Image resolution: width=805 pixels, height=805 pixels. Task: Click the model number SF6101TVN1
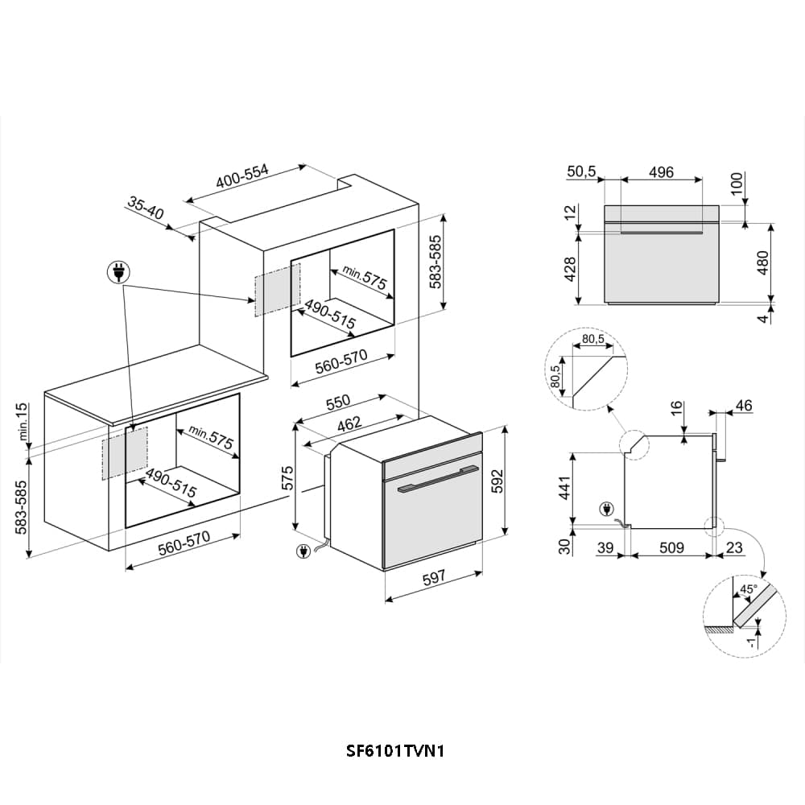394,751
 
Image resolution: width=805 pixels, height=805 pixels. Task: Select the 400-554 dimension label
242,176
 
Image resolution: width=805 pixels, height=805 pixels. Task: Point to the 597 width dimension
433,578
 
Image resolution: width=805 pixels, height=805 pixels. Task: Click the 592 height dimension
497,481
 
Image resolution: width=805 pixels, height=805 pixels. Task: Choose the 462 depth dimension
349,424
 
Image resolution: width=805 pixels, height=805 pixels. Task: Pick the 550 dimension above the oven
338,402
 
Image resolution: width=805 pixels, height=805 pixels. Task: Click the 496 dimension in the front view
661,172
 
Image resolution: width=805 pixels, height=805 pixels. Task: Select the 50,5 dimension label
581,171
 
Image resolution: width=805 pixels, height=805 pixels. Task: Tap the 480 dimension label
763,262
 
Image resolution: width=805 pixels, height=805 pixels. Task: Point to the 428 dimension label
570,269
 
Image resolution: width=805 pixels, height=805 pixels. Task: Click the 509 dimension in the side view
671,547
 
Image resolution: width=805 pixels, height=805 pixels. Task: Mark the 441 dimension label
564,488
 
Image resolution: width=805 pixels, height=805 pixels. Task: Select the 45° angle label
748,589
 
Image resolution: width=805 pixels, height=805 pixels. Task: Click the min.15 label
22,422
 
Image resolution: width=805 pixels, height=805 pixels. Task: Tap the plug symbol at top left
118,273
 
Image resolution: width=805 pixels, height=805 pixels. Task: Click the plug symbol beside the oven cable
303,552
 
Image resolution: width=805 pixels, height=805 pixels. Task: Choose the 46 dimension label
743,406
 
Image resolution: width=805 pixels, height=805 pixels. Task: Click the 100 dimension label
737,184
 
